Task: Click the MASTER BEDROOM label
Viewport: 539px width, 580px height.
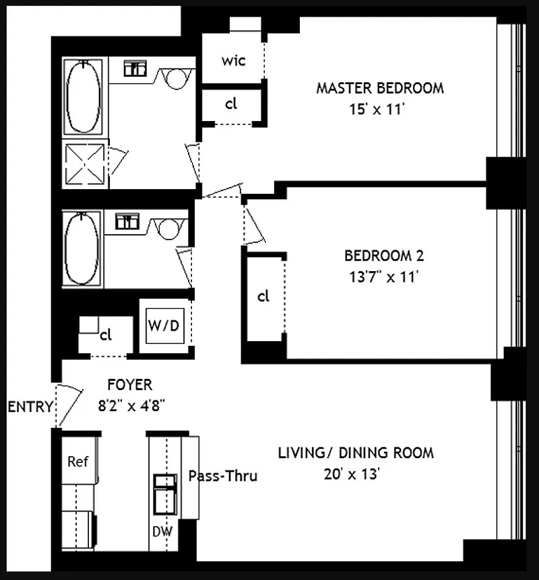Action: pos(380,88)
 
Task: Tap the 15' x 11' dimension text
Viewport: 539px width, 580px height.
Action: pos(377,110)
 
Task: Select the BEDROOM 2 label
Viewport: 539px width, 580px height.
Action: pos(384,256)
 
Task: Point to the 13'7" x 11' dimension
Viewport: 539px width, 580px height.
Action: pos(384,277)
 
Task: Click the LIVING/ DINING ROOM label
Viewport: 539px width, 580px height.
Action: pos(356,453)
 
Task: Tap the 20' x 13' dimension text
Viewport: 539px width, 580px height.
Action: pos(352,474)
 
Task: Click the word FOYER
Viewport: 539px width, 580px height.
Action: pos(129,385)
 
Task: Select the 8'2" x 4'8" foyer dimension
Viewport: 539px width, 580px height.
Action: pos(131,406)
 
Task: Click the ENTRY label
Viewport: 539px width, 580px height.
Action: pos(30,406)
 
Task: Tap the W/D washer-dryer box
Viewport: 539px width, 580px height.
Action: pos(165,326)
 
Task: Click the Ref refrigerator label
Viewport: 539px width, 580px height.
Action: pos(77,462)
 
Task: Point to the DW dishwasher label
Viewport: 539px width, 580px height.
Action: pos(162,532)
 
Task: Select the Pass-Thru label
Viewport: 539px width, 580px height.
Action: pos(222,476)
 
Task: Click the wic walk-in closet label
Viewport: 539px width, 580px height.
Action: pos(233,61)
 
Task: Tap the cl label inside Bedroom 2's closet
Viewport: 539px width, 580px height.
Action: pos(263,296)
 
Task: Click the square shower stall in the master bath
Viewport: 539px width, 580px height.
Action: pos(85,164)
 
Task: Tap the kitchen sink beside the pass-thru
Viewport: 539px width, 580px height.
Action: pos(165,495)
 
